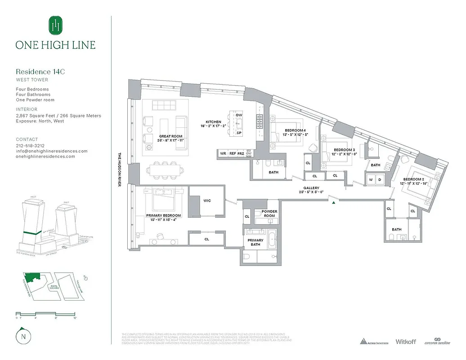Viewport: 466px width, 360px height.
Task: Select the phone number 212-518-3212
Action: click(x=30, y=146)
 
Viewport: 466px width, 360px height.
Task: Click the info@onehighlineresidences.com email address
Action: click(x=52, y=151)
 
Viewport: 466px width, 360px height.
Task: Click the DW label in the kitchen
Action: click(x=239, y=115)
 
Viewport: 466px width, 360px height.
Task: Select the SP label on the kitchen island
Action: click(x=239, y=133)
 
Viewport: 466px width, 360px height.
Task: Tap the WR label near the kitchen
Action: click(x=223, y=153)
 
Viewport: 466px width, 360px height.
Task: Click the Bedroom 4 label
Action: click(x=295, y=130)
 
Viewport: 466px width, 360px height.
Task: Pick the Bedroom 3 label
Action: click(x=344, y=150)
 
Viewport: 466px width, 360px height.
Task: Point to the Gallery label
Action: click(x=311, y=188)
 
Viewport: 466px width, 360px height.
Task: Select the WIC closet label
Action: click(x=207, y=201)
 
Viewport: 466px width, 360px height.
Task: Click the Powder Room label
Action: click(x=269, y=213)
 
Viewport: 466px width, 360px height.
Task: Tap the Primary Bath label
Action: click(x=255, y=243)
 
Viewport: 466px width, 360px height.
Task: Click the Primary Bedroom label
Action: click(x=160, y=216)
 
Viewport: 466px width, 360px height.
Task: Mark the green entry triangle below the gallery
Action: click(x=333, y=203)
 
